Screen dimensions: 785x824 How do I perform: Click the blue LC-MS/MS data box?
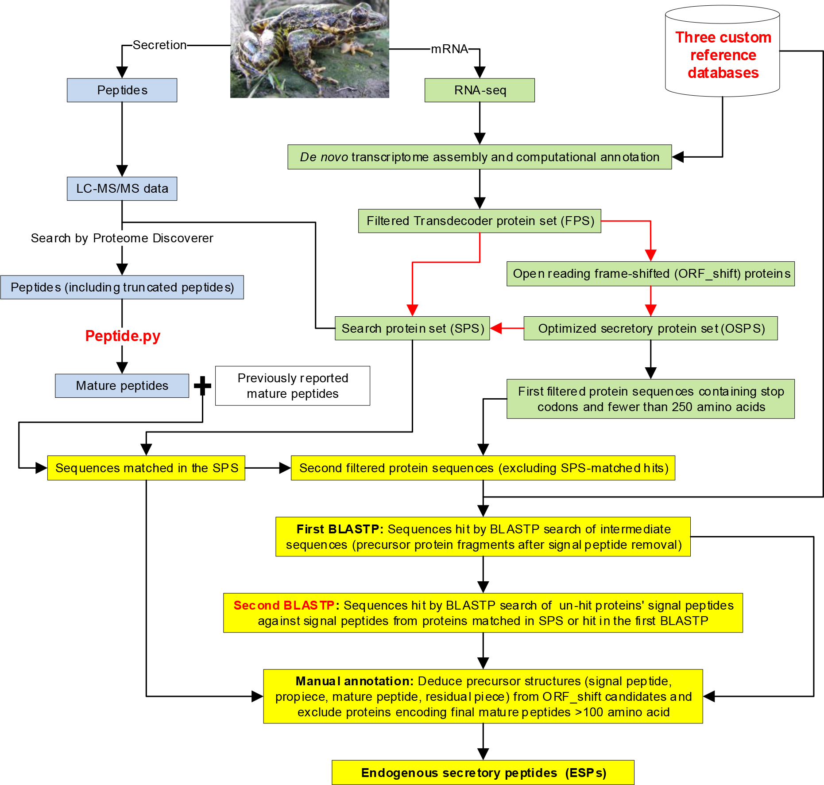pos(122,189)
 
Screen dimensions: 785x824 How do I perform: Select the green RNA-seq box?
pos(480,90)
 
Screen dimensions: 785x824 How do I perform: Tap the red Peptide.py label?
pos(123,336)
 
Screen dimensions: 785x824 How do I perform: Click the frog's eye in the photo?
pos(359,18)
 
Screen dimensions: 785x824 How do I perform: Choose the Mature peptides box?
pos(122,385)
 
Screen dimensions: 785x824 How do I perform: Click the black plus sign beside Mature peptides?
pos(202,385)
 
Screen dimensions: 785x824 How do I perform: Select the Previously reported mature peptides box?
pos(292,385)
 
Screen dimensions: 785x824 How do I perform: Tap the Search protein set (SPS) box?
pos(412,328)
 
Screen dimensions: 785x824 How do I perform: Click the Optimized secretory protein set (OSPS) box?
pos(650,328)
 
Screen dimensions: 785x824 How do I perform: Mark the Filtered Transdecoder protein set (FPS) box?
pos(480,221)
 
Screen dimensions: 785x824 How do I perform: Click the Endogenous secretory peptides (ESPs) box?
pos(483,773)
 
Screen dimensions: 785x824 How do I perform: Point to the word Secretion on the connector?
pos(159,45)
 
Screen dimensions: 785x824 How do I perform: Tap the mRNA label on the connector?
pos(449,49)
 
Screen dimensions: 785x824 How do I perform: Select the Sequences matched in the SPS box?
pos(146,468)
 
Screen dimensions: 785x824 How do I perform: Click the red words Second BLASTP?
pos(284,605)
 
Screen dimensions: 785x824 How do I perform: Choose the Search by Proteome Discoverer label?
pos(122,238)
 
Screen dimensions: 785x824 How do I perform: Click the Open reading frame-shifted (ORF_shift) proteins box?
pos(650,274)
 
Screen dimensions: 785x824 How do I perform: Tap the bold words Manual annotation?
pos(354,681)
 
